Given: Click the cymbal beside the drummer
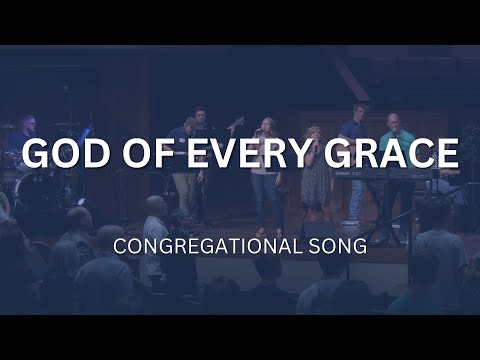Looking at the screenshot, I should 66,126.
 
